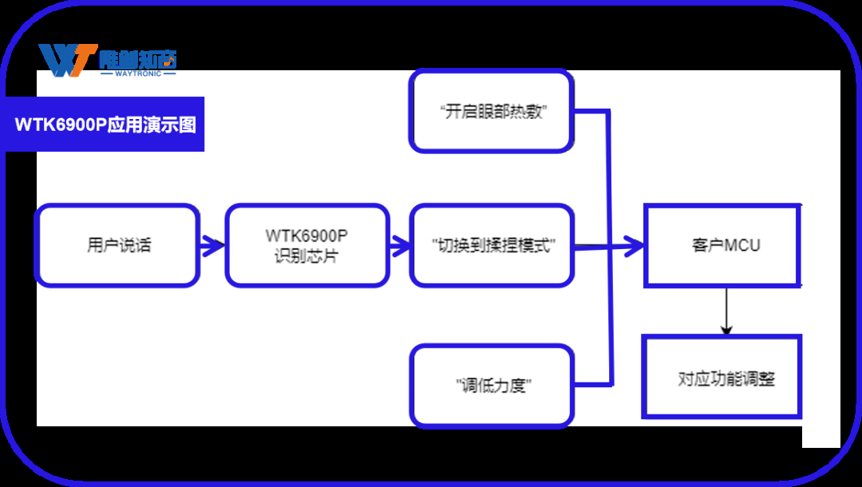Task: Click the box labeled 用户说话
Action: [117, 245]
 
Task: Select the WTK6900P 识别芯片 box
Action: [307, 245]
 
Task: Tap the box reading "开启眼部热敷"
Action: [492, 112]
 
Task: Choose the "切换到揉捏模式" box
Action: [492, 245]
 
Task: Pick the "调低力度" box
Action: [492, 386]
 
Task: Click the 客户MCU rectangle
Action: [722, 245]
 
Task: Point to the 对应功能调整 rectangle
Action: [722, 377]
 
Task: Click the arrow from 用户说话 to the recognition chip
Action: [212, 245]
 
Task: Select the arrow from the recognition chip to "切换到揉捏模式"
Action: [399, 245]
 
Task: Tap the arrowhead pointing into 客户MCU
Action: [635, 246]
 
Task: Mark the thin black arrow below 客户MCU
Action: [726, 311]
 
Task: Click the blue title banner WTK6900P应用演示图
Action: [105, 125]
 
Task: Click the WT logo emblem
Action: [67, 61]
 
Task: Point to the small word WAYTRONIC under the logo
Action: [138, 73]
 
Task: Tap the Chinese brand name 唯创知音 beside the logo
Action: [137, 58]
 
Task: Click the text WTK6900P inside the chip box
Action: [307, 236]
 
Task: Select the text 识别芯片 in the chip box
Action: [307, 256]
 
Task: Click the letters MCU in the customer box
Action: [741, 245]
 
